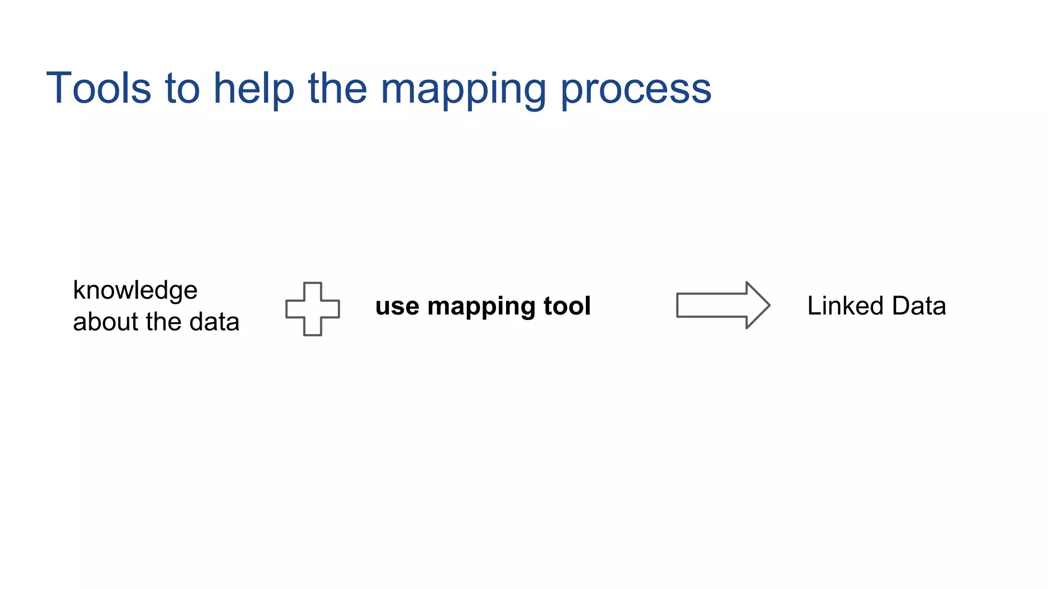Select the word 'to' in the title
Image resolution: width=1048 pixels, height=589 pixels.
point(182,88)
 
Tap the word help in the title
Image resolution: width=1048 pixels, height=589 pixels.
point(254,88)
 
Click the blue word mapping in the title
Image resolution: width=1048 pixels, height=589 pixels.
point(464,89)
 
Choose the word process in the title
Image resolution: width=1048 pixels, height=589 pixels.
point(636,89)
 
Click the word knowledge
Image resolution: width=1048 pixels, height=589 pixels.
point(135,290)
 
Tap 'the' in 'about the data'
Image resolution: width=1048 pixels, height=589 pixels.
point(164,322)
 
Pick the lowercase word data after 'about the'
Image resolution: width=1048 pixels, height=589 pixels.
point(214,322)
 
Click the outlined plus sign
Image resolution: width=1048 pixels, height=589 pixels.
point(313,309)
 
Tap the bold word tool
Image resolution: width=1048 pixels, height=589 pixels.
point(567,306)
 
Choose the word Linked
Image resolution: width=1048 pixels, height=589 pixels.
point(845,306)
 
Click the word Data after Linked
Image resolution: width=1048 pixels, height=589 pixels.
point(919,306)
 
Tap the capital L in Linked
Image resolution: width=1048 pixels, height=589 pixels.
point(814,306)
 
